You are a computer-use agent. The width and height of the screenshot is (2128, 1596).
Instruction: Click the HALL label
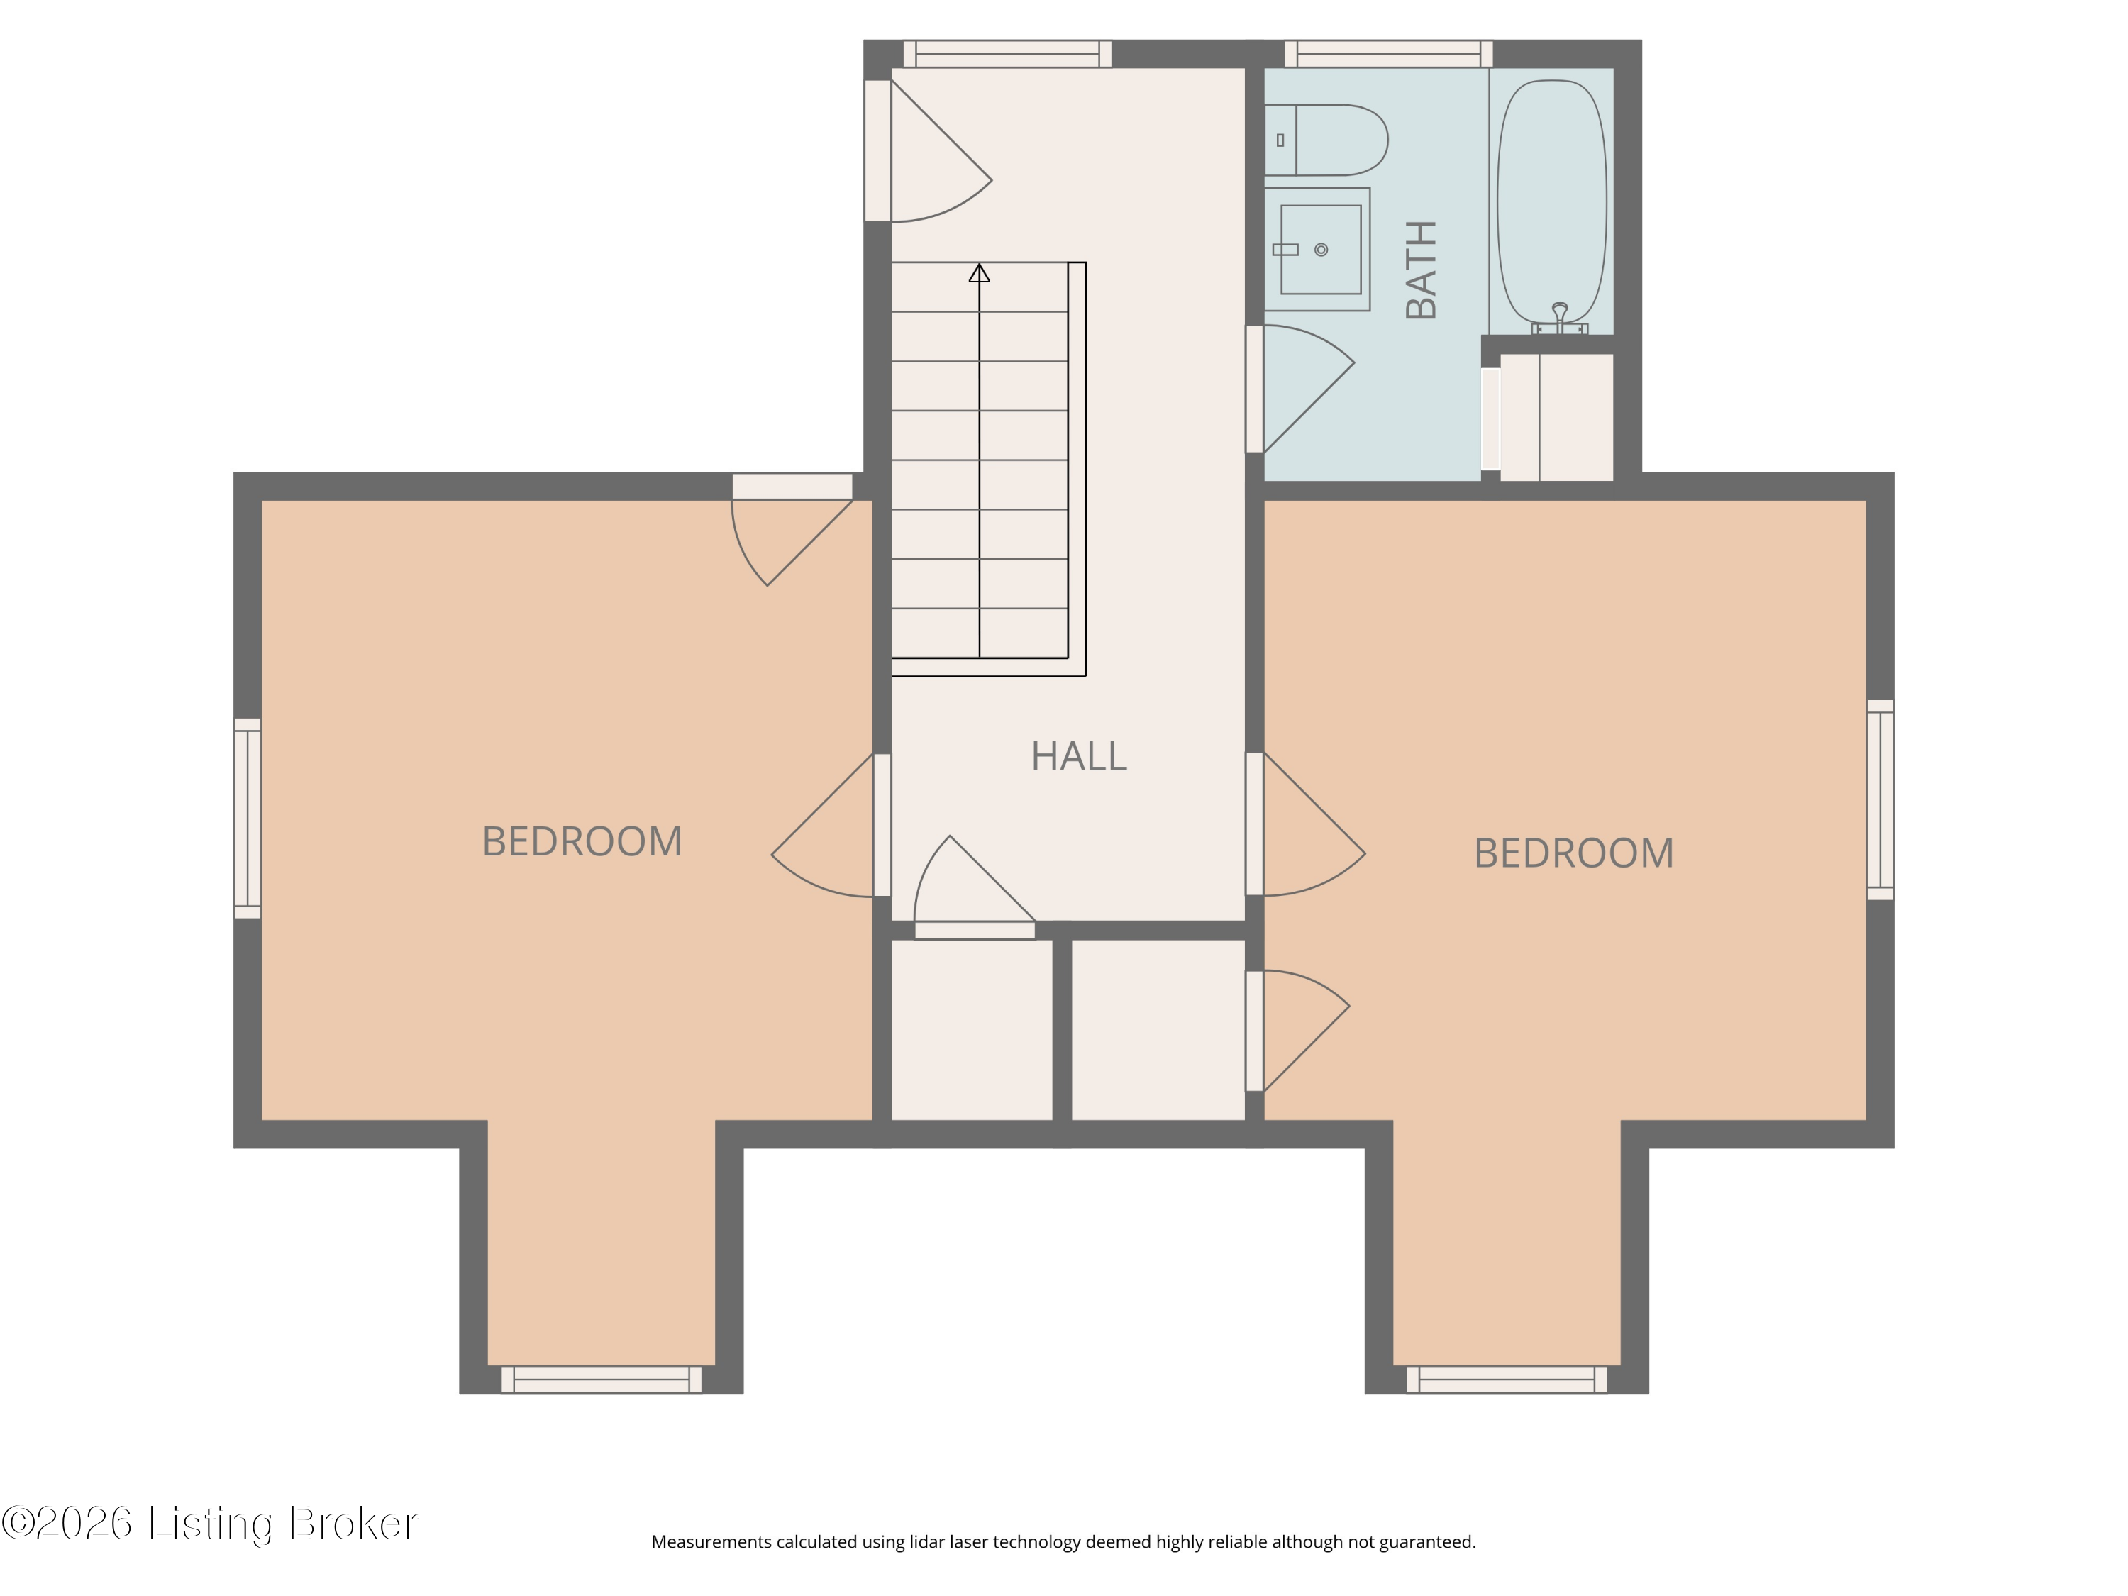1078,756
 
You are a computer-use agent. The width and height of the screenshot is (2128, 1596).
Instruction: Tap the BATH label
1421,270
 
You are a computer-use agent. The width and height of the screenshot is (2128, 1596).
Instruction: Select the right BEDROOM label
1574,853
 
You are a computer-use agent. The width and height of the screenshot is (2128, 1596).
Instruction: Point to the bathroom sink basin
1320,249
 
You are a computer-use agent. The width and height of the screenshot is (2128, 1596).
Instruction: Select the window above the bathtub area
1388,54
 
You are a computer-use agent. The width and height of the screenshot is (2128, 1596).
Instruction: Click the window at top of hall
1007,54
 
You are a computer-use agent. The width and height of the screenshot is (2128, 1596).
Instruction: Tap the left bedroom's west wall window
248,818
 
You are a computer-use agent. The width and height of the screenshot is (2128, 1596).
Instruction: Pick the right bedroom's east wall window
1880,799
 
